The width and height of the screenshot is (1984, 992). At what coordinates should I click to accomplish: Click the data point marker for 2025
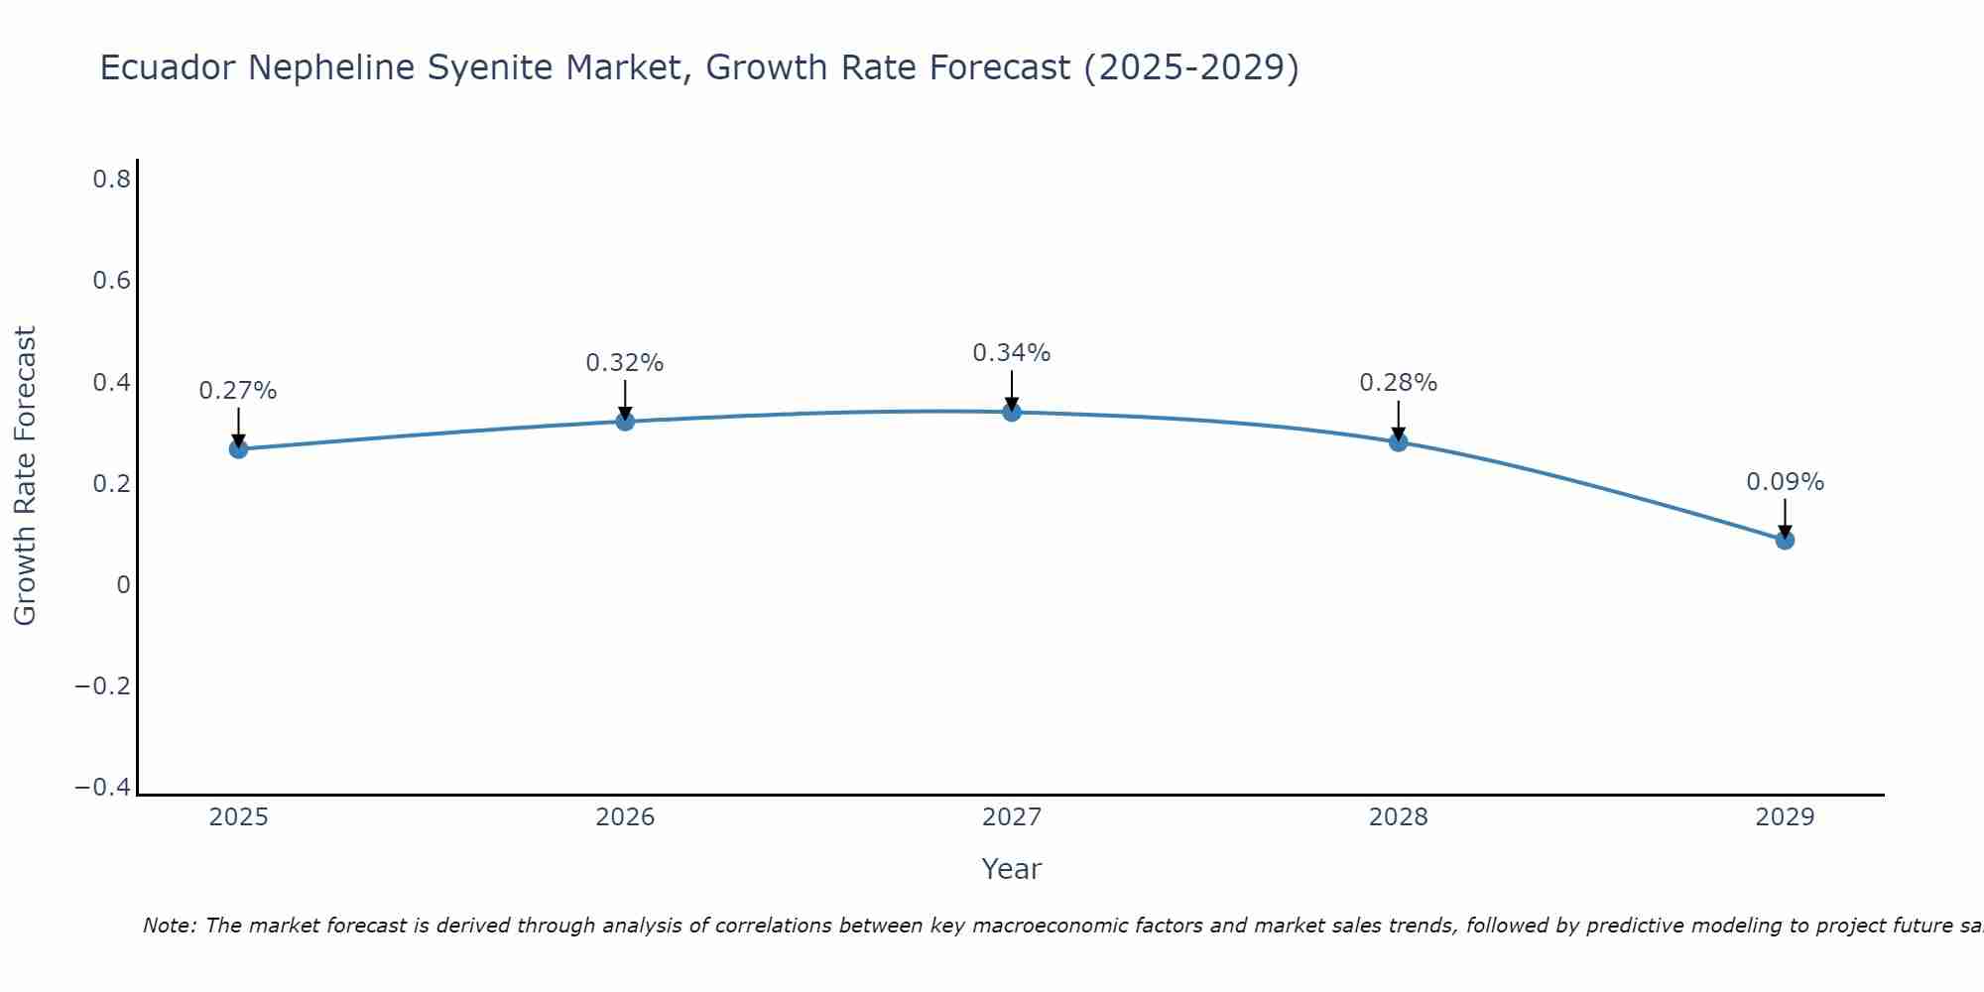click(238, 448)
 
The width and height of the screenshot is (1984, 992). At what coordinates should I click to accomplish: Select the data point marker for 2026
click(625, 421)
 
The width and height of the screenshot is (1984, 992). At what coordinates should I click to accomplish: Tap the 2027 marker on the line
click(1012, 412)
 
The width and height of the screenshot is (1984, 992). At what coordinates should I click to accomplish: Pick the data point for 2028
click(1398, 441)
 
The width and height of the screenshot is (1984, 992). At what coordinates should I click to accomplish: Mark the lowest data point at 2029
click(1785, 540)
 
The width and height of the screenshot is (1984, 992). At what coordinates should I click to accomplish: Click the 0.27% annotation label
click(238, 391)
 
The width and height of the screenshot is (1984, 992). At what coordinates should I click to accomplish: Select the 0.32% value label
click(625, 363)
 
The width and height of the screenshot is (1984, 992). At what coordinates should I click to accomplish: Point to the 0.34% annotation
click(1012, 353)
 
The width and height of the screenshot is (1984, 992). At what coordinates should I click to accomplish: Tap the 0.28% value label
click(1398, 383)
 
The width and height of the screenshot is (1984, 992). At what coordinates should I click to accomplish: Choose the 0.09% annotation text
click(1785, 482)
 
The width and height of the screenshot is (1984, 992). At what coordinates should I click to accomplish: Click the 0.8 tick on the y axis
click(111, 180)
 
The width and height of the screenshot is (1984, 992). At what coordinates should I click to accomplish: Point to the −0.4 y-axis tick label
click(103, 788)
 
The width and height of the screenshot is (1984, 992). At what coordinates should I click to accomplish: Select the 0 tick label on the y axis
click(123, 585)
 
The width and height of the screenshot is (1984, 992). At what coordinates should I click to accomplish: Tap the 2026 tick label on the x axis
click(625, 817)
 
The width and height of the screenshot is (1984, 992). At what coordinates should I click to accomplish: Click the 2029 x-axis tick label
click(1785, 817)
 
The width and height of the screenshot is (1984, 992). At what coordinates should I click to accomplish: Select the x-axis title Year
click(1011, 869)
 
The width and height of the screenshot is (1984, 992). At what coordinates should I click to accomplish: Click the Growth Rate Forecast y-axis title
click(25, 476)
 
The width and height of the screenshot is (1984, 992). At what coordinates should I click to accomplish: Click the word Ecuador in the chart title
click(169, 67)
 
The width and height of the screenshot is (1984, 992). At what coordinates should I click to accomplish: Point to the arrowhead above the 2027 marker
click(1012, 404)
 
